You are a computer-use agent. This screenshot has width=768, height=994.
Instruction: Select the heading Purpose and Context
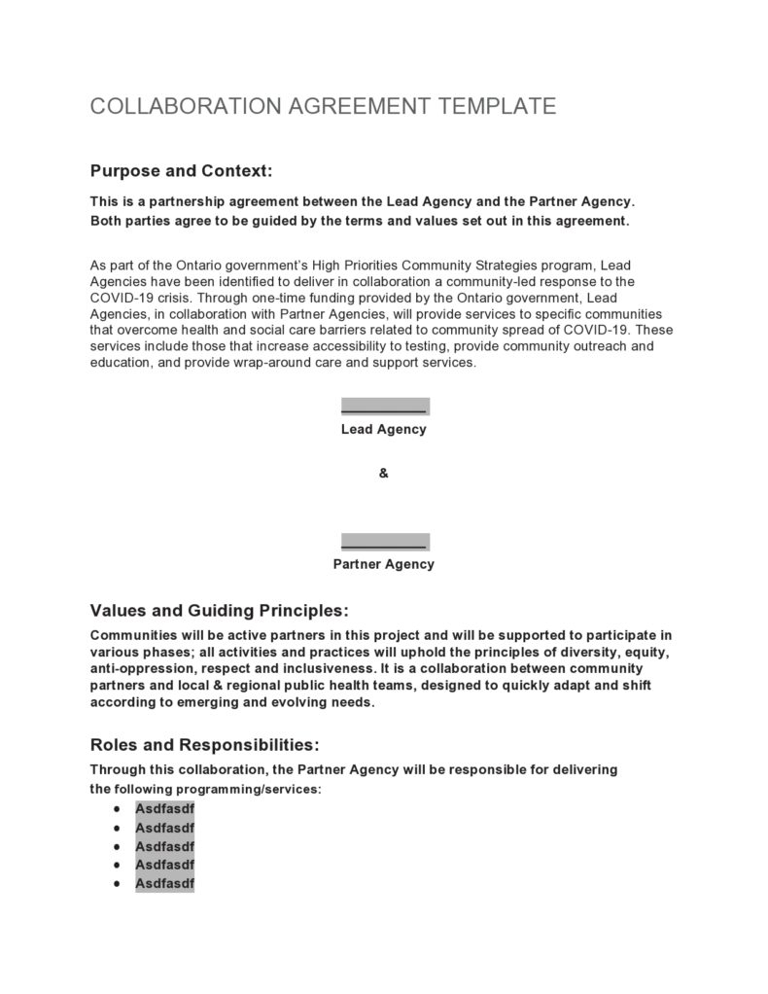(181, 171)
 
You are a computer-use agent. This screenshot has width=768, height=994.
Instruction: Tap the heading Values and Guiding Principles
(219, 611)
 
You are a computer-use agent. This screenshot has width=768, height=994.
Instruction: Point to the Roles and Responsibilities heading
(204, 745)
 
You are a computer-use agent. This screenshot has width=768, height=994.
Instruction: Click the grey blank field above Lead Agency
(384, 407)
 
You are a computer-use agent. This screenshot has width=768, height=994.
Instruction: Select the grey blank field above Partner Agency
(384, 542)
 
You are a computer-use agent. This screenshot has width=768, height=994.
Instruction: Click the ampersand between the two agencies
(383, 474)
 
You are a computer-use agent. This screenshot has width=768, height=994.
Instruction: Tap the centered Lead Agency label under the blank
(383, 429)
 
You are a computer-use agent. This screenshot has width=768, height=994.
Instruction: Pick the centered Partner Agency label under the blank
(383, 564)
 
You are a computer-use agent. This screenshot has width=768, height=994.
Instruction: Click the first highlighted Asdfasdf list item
(164, 808)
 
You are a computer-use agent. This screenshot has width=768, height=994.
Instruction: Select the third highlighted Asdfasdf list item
(164, 846)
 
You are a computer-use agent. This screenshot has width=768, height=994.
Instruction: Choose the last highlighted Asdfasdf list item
(164, 883)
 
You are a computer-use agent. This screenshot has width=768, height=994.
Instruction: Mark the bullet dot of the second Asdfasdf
(117, 828)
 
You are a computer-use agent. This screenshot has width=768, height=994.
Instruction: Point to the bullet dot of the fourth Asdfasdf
(117, 865)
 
